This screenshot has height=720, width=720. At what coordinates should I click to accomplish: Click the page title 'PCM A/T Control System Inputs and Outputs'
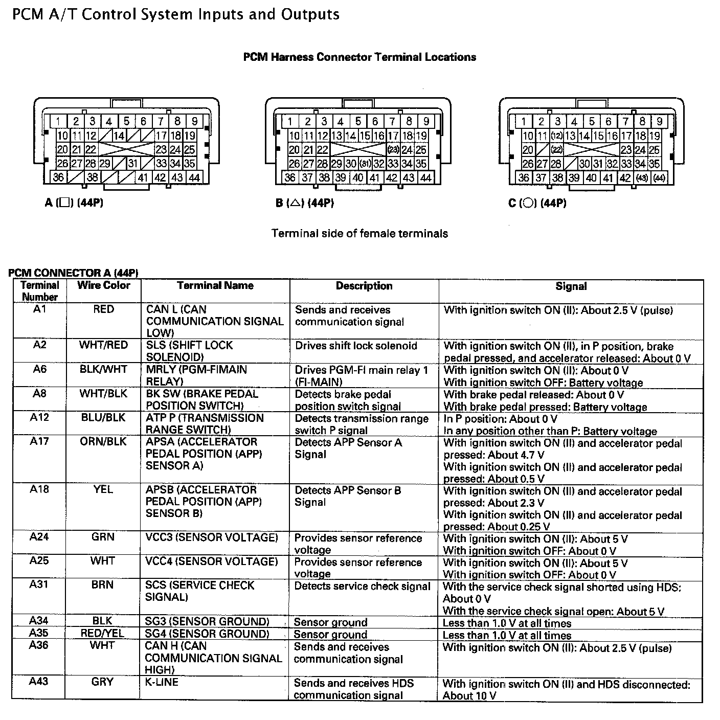click(175, 14)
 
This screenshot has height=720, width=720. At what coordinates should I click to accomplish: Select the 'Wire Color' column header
click(103, 285)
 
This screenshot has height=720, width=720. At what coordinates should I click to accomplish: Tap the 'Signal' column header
click(571, 286)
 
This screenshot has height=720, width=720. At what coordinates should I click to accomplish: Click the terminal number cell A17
click(39, 441)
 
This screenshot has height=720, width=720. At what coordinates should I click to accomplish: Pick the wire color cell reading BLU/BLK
click(103, 417)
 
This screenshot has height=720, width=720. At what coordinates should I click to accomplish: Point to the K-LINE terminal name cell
click(162, 682)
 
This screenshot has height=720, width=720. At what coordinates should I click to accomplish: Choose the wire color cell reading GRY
click(102, 682)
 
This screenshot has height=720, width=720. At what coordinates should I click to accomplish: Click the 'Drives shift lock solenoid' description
click(356, 346)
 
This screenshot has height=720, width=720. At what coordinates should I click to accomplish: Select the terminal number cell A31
click(39, 584)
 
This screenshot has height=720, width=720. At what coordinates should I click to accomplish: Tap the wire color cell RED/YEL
click(102, 634)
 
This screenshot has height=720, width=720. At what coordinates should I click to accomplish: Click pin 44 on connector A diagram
click(194, 177)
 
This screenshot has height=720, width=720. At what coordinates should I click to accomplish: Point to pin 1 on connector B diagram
click(290, 121)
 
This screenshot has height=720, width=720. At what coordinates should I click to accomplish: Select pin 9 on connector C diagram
click(660, 121)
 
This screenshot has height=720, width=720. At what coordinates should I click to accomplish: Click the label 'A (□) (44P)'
click(74, 203)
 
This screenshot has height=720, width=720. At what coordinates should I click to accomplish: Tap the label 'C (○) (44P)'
click(537, 203)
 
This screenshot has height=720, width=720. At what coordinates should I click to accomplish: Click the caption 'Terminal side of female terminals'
click(359, 234)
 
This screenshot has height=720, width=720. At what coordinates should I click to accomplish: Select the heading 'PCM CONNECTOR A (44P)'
click(73, 273)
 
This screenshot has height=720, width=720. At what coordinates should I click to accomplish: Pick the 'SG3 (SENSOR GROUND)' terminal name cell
click(207, 621)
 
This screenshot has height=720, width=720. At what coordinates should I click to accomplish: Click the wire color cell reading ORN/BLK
click(103, 441)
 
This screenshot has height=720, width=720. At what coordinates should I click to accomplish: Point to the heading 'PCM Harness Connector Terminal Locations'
click(359, 57)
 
